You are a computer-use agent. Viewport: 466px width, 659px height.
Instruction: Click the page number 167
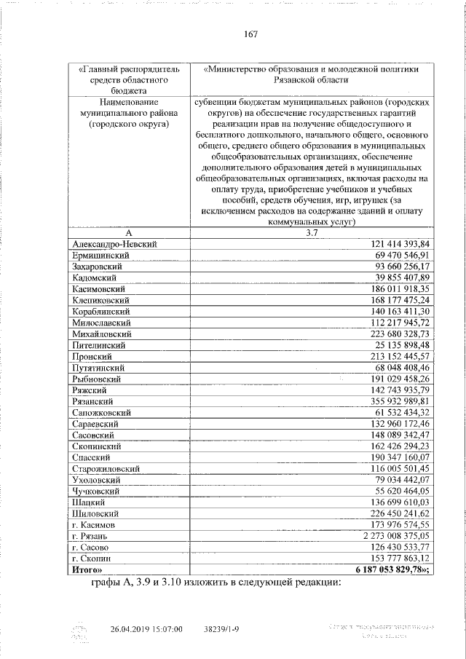(251, 34)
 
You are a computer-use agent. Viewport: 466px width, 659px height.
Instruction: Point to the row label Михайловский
(103, 334)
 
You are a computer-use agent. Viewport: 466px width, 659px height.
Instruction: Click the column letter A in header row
(127, 232)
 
